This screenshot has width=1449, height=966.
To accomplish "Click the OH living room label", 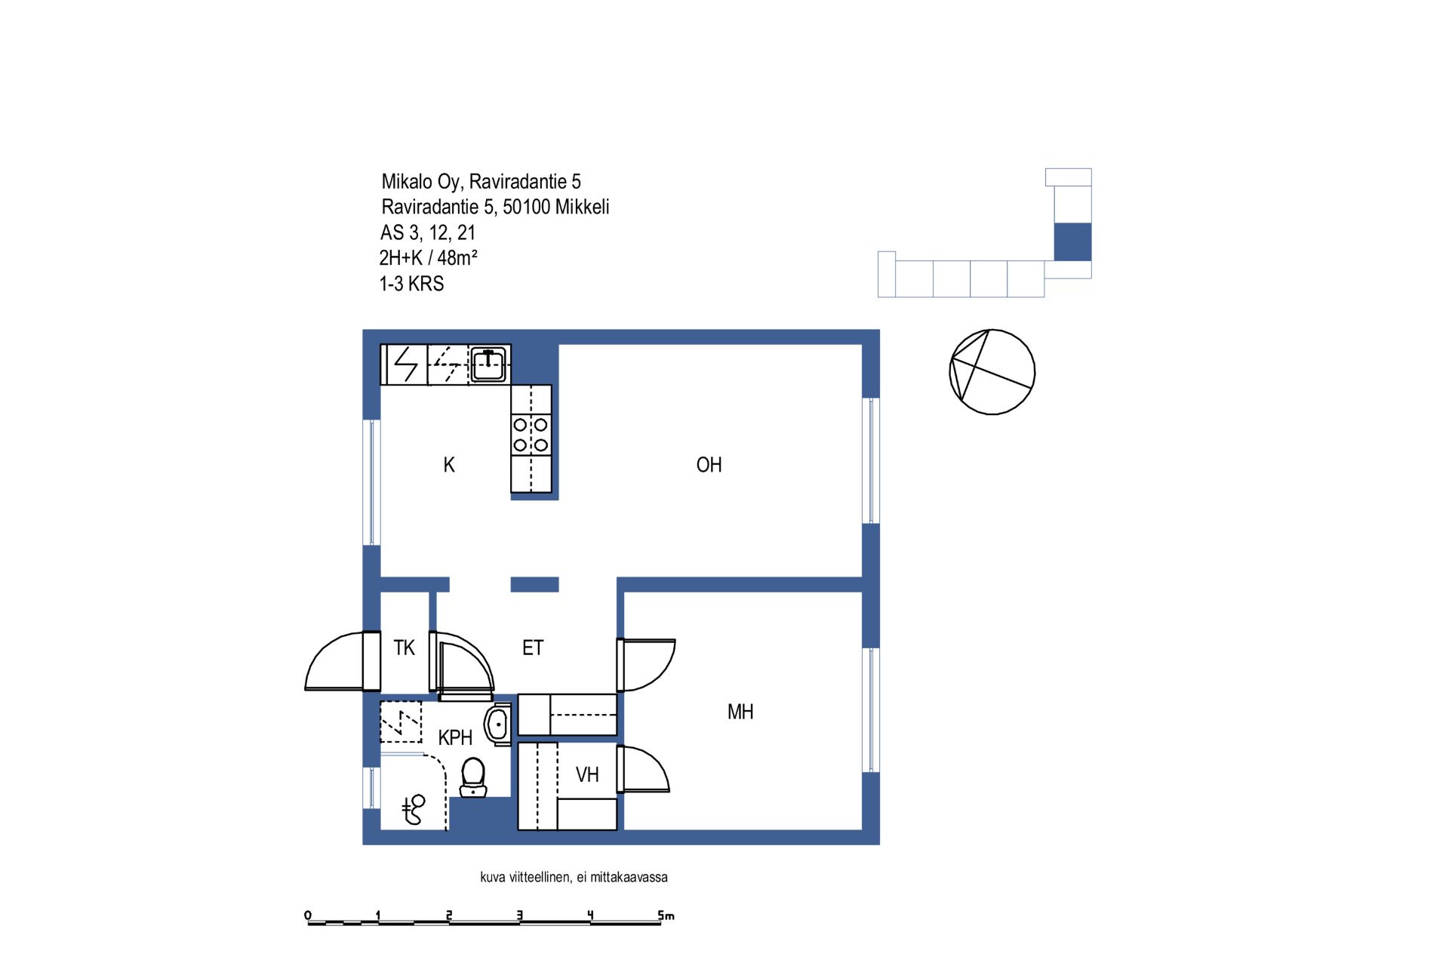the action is tap(709, 465).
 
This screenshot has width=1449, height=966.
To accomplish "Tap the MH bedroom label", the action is tap(740, 712).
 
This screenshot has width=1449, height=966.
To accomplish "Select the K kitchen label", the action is tap(449, 465).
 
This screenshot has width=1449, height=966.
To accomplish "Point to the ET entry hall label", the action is tap(533, 648).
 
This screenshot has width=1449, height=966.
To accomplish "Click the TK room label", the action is tap(405, 648).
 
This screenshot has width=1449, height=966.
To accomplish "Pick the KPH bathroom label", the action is tap(455, 737).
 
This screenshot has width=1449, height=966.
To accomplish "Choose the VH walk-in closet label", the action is tap(587, 774).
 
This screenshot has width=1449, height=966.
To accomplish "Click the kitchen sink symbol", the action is tap(488, 365).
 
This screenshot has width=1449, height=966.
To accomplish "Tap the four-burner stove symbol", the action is tap(531, 435).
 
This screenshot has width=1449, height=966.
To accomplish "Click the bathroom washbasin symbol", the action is tap(498, 724).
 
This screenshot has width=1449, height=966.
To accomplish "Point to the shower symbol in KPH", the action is tap(414, 810).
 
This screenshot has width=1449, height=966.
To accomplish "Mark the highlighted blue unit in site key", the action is tap(1072, 241).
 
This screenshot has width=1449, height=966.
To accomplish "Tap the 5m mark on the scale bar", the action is tap(666, 916).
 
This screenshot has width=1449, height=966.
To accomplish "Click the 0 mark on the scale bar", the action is tap(308, 916).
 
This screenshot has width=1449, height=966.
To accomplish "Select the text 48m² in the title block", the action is tap(457, 257).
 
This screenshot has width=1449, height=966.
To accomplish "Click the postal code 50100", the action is tap(527, 207).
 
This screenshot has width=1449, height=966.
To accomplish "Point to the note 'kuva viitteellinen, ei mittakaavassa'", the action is tap(574, 877).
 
